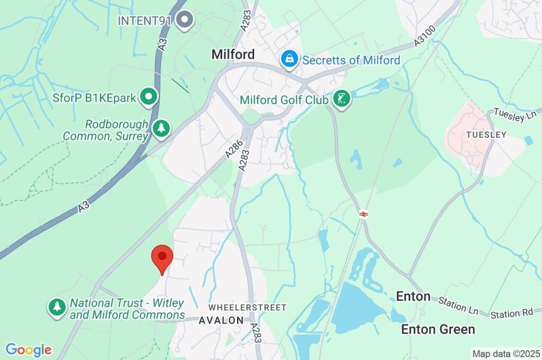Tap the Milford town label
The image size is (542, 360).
coord(233,54)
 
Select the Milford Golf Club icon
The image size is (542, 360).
coord(342,99)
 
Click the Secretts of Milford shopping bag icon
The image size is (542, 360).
coord(290,59)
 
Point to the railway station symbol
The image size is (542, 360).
coord(364,214)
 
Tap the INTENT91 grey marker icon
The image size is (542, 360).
coord(185,20)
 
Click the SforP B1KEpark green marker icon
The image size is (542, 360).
coord(149,97)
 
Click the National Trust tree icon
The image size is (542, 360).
coord(57,307)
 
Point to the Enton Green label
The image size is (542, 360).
coord(438,329)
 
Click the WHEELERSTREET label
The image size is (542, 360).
coord(247,307)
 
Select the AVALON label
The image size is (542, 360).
coord(221,320)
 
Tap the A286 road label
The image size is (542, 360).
coord(233,148)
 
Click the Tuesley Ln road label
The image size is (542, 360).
coord(516,114)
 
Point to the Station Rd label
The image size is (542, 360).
coord(511,313)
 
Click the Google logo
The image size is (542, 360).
coord(29,350)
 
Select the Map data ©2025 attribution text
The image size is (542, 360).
coord(506,354)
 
